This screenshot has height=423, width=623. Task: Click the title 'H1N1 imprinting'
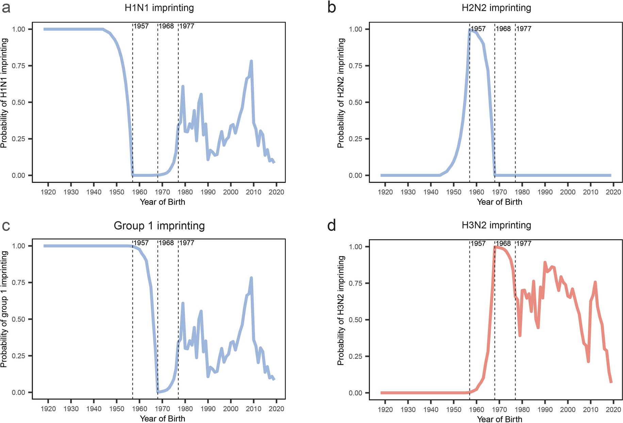point(159,8)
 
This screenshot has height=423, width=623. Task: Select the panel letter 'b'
point(332,7)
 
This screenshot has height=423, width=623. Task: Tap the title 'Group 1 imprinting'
point(159,225)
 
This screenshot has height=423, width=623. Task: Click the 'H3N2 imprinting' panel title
point(496,225)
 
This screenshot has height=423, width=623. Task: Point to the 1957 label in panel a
point(141,26)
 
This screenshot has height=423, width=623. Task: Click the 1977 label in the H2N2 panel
point(524,29)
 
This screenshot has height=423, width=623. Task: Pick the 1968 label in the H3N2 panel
point(503,243)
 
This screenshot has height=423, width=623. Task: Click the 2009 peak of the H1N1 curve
point(251,61)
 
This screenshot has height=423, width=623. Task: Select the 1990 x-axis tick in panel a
point(208,192)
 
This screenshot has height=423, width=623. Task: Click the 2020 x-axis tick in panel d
point(613,410)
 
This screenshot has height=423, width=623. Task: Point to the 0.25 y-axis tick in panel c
point(18,356)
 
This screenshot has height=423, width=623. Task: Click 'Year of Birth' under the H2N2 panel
point(499,202)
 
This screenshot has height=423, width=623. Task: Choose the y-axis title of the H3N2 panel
point(341,310)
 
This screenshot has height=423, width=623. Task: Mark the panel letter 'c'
point(6,225)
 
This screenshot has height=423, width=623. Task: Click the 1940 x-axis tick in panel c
point(94,409)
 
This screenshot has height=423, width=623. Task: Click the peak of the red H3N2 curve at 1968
point(495,247)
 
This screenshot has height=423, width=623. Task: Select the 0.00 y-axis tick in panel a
point(18,175)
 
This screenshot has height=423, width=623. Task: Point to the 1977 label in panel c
point(187,243)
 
